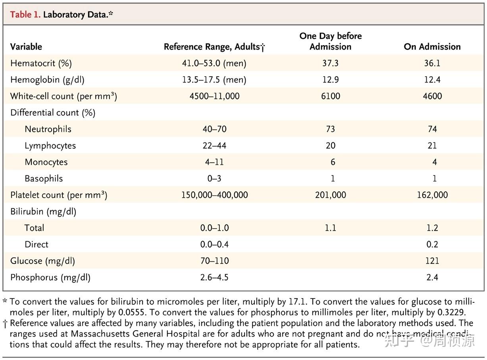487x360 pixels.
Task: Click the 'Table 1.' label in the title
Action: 25,15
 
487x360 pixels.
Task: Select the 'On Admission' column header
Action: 432,47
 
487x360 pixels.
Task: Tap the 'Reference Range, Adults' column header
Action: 214,47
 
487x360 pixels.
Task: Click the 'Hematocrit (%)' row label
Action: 41,63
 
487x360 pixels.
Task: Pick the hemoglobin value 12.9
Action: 331,80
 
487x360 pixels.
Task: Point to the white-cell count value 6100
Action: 331,96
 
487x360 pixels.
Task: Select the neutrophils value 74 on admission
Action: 432,129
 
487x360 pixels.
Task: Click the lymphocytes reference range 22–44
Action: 214,146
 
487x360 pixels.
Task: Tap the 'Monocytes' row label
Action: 46,162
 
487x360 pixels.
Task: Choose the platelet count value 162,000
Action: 432,195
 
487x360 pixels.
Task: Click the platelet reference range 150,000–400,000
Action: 214,195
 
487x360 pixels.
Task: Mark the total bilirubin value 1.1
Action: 331,228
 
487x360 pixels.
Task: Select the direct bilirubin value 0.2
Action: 432,244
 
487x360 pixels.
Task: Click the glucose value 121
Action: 432,261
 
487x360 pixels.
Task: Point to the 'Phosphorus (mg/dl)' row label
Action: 50,277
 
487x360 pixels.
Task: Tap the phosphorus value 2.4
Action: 432,277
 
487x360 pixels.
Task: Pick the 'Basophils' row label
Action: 44,179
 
